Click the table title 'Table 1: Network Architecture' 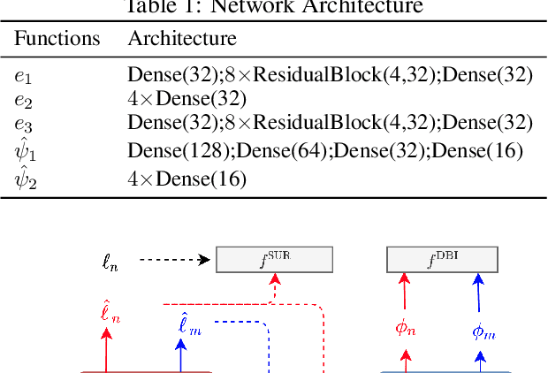(275, 8)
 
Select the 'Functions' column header (57, 39)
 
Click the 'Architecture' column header (182, 39)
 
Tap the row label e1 (22, 76)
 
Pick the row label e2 (22, 100)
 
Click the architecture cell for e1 (330, 75)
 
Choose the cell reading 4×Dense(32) (186, 99)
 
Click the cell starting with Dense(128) (325, 151)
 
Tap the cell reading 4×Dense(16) (186, 180)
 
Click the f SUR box (275, 260)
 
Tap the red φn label (406, 328)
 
